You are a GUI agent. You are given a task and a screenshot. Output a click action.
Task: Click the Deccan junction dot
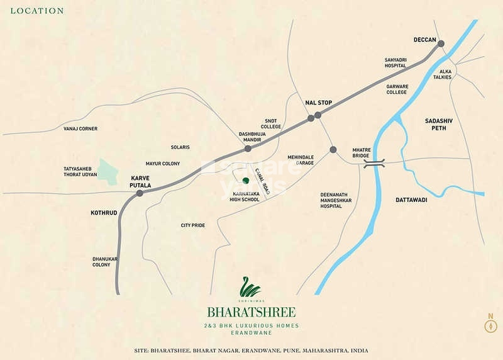(441, 43)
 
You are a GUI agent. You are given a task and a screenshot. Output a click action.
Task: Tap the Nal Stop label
(318, 103)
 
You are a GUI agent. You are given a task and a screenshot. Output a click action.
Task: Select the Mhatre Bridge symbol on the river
(374, 163)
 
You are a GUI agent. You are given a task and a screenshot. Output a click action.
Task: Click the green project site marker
(246, 181)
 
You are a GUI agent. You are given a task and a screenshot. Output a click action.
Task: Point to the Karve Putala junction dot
(140, 193)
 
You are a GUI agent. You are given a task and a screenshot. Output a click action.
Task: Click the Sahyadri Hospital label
(396, 64)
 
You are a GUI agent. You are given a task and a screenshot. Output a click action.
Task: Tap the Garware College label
(397, 89)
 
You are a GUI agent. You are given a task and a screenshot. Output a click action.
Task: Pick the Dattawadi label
(412, 200)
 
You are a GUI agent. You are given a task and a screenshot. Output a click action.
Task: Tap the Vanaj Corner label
(80, 128)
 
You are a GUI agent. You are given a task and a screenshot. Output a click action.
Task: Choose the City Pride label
(193, 225)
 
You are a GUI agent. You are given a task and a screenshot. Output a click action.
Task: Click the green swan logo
(250, 289)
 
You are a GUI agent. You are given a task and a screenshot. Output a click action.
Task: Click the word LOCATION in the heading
(37, 11)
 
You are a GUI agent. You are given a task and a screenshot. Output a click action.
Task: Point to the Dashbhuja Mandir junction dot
(248, 149)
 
